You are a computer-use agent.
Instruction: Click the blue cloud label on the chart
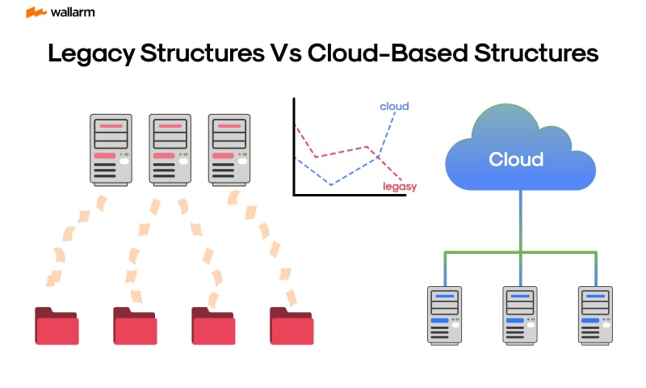point(394,106)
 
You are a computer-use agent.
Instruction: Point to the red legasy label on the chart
point(400,187)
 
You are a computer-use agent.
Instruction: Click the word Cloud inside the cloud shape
point(516,159)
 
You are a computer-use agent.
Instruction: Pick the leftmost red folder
point(57,326)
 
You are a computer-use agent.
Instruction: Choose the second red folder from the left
point(135,326)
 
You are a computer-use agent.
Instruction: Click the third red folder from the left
point(213,326)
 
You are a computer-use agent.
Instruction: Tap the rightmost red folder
point(292,326)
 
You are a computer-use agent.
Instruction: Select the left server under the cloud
point(444,315)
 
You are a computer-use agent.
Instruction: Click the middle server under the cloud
point(520,315)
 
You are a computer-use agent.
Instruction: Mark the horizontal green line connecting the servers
point(484,253)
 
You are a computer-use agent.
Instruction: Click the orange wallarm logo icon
point(36,13)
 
